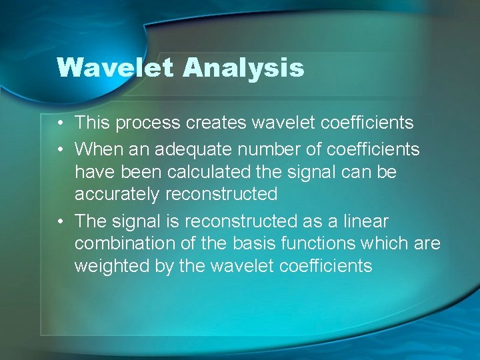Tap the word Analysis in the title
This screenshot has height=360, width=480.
(244, 68)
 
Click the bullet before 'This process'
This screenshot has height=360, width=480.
(61, 123)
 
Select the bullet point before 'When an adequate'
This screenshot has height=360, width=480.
(61, 149)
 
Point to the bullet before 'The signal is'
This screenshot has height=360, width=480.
(61, 221)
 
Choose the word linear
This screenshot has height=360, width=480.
(365, 221)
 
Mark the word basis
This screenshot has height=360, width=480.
(251, 243)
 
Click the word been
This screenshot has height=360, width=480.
(141, 172)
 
